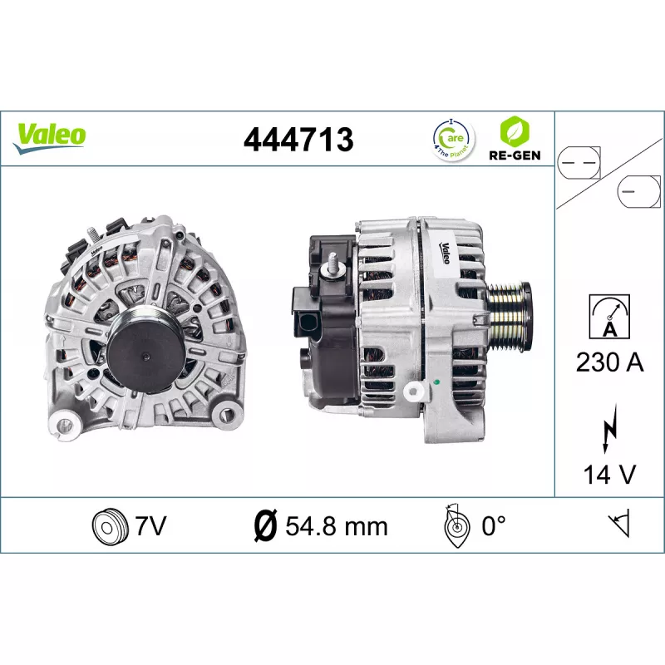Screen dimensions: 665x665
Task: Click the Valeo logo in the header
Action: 50,138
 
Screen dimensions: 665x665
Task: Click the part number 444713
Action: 298,140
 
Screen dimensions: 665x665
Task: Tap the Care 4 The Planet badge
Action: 453,140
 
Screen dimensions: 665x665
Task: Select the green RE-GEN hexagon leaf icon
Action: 515,131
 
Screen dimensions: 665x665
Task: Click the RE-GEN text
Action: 515,155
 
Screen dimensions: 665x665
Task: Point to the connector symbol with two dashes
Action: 579,163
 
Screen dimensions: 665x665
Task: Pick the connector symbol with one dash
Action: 638,192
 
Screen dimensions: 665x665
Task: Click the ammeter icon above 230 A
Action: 609,317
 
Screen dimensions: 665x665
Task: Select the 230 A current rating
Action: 609,362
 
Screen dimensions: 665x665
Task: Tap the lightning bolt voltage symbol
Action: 610,429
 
